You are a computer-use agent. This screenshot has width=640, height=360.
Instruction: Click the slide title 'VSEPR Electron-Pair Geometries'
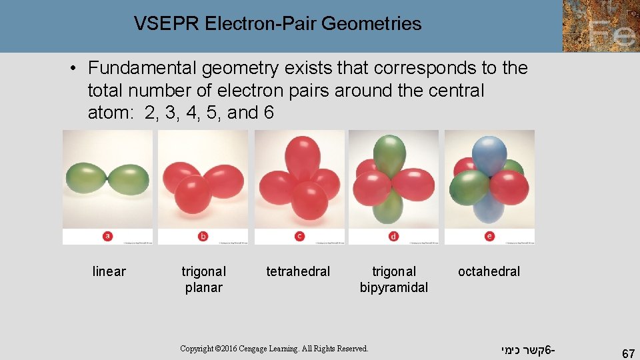(277, 24)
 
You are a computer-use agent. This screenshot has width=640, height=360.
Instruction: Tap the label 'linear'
(109, 271)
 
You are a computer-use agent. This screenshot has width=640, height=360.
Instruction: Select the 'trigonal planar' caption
(203, 279)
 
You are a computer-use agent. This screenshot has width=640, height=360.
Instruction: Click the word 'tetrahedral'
(298, 271)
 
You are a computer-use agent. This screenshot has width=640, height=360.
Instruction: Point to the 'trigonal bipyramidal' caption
(393, 279)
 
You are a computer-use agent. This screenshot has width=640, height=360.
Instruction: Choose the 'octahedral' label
(489, 271)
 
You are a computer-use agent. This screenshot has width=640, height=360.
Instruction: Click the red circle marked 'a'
(108, 235)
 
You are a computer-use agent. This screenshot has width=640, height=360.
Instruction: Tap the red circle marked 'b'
(203, 236)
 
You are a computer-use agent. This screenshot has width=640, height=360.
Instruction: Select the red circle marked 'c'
(299, 236)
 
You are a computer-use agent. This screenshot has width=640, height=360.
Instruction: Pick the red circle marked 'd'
(394, 236)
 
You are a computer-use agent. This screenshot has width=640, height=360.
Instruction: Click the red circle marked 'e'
(490, 235)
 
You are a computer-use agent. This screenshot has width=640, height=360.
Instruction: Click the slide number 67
(627, 353)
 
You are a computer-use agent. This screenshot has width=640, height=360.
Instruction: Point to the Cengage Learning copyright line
(274, 349)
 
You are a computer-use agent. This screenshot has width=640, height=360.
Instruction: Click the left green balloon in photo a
(86, 179)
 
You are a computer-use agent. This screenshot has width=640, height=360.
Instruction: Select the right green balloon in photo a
(129, 179)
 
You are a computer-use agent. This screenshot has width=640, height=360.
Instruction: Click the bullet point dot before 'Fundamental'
(77, 69)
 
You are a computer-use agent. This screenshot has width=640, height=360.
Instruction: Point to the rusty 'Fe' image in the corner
(601, 26)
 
